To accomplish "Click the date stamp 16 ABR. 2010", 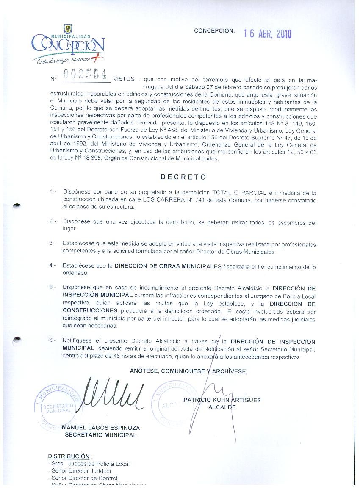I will (268, 34).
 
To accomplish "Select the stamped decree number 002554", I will (85, 75).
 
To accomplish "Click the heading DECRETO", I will (183, 177).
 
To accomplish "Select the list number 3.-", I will (53, 243).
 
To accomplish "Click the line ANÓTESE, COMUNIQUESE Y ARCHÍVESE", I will (188, 371).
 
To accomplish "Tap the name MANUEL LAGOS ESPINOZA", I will (101, 428).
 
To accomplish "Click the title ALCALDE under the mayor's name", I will (222, 407).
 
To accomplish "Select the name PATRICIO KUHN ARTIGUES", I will (222, 400).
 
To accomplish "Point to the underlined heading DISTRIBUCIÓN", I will (69, 456).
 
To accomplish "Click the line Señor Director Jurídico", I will (80, 471).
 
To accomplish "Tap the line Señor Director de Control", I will (84, 478).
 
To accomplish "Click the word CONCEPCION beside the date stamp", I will (214, 31).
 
